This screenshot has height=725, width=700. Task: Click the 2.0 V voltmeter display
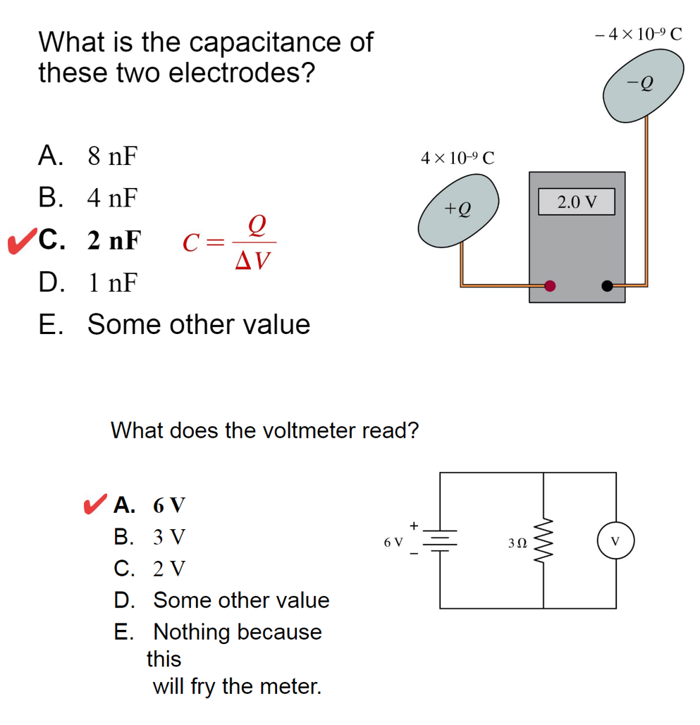577,202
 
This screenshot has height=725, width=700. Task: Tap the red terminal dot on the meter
551,285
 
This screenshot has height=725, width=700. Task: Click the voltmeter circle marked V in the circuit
616,542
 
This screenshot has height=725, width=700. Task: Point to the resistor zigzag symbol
543,541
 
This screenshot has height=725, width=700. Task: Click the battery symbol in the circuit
441,540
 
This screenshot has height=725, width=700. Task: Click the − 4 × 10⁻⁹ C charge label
639,33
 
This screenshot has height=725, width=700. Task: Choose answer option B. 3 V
149,537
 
